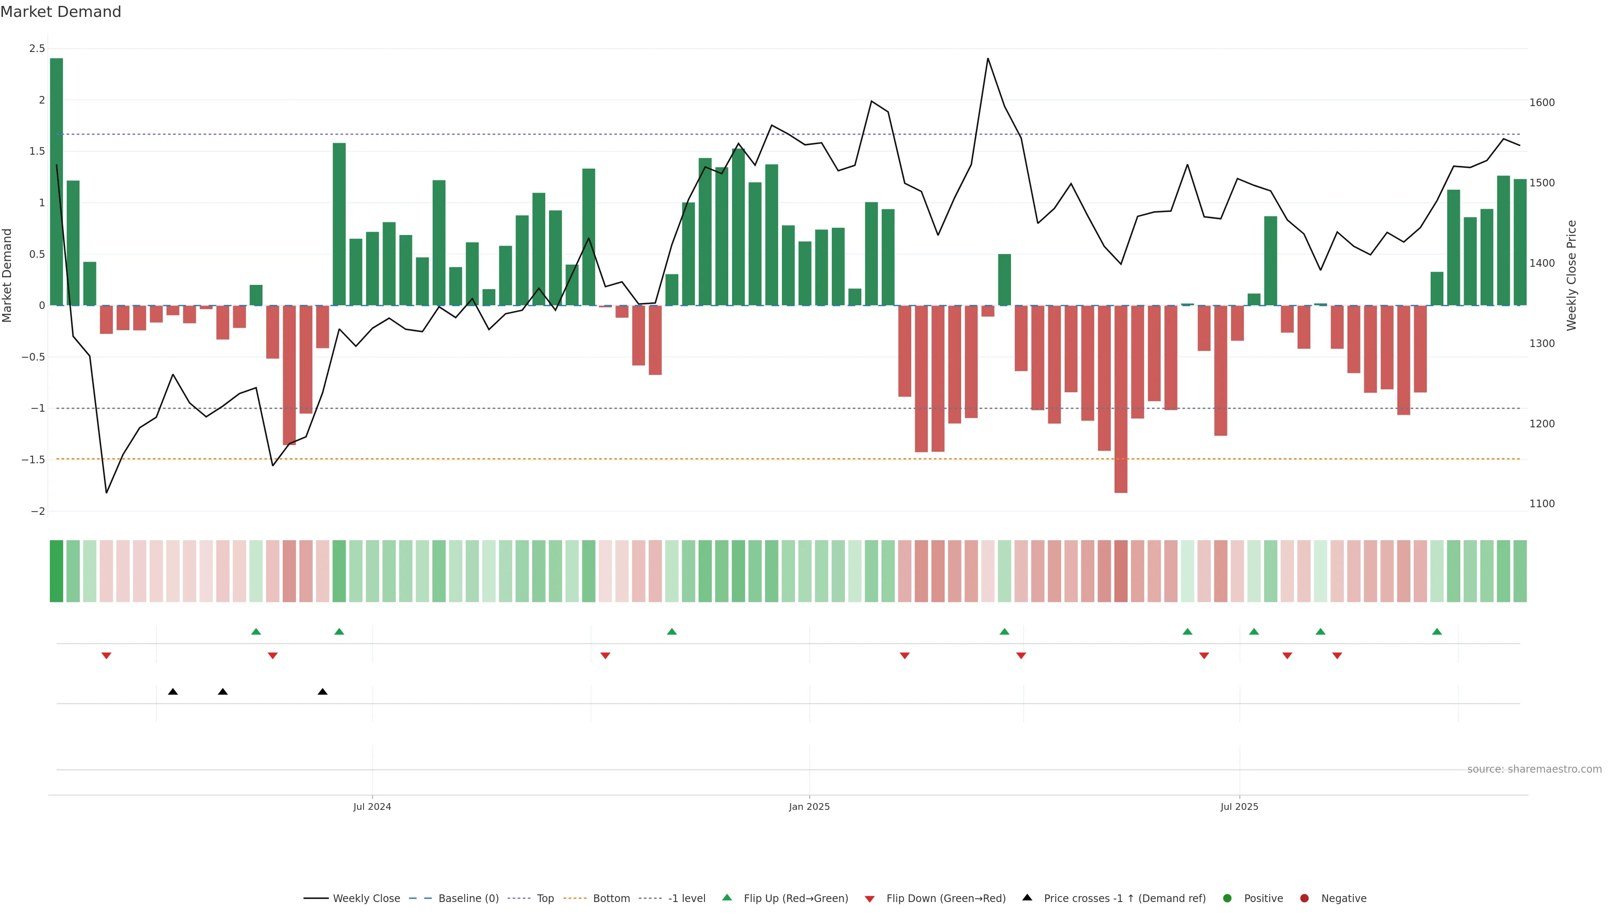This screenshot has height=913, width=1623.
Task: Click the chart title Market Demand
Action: coord(60,12)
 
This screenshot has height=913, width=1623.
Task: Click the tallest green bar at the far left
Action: coord(56,181)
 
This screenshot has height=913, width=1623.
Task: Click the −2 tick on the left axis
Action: coord(37,511)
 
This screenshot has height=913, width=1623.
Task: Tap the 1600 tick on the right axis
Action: coord(1542,102)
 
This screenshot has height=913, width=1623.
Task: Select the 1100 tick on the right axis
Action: coord(1542,503)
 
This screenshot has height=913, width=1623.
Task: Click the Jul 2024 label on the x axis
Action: coord(372,806)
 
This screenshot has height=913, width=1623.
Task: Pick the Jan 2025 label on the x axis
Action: coord(809,806)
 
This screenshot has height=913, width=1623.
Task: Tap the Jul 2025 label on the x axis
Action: coord(1239,806)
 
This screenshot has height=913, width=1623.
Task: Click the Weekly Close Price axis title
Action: coord(1571,275)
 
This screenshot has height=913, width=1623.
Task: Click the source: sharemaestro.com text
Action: coord(1534,769)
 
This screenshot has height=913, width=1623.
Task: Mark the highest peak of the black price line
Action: coord(987,59)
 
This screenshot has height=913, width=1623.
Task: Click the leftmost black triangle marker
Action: coord(172,692)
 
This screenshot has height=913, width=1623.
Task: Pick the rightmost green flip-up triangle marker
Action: coord(1437,631)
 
